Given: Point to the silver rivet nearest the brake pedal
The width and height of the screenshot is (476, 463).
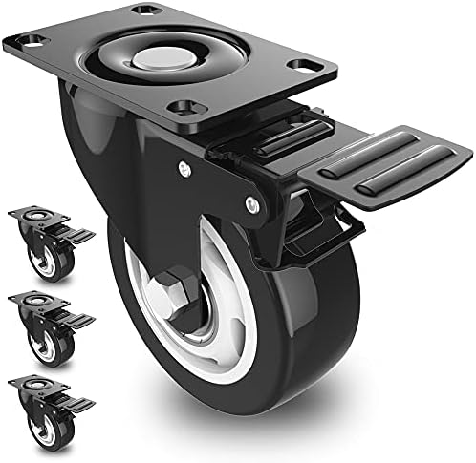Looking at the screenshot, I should coord(253,202).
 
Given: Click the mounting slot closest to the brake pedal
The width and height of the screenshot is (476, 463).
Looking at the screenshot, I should coord(309,67).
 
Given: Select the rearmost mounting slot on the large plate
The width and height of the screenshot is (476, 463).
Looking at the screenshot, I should coord(144,10).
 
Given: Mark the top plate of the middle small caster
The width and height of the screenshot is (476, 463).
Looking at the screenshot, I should coord(36,305).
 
